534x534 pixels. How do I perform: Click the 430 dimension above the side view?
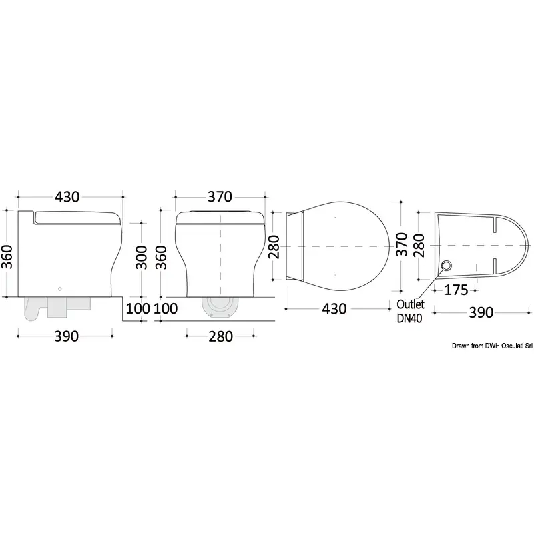pos(67,197)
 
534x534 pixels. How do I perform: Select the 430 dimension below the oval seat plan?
pos(334,309)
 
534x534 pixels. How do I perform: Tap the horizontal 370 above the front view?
pos(220,196)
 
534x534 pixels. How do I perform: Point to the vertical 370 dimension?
pos(402,244)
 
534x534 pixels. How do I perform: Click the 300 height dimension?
pos(142,257)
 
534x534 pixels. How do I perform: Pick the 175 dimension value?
pos(457,290)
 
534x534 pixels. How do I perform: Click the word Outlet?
pos(411,304)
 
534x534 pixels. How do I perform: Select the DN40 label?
pos(409,318)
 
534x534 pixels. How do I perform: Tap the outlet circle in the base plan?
pos(446,264)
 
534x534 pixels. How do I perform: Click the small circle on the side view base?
pos(60,289)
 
